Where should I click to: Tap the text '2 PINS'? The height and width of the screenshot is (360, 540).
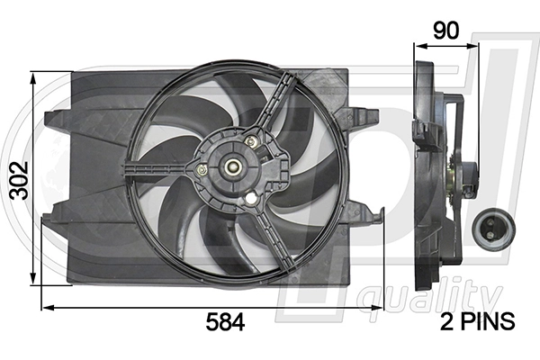coord(477,320)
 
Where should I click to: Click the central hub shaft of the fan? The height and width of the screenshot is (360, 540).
coord(232,166)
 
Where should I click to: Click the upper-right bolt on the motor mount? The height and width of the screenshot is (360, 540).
coord(252,141)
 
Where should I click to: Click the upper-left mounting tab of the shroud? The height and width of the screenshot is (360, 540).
coord(54,116)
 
